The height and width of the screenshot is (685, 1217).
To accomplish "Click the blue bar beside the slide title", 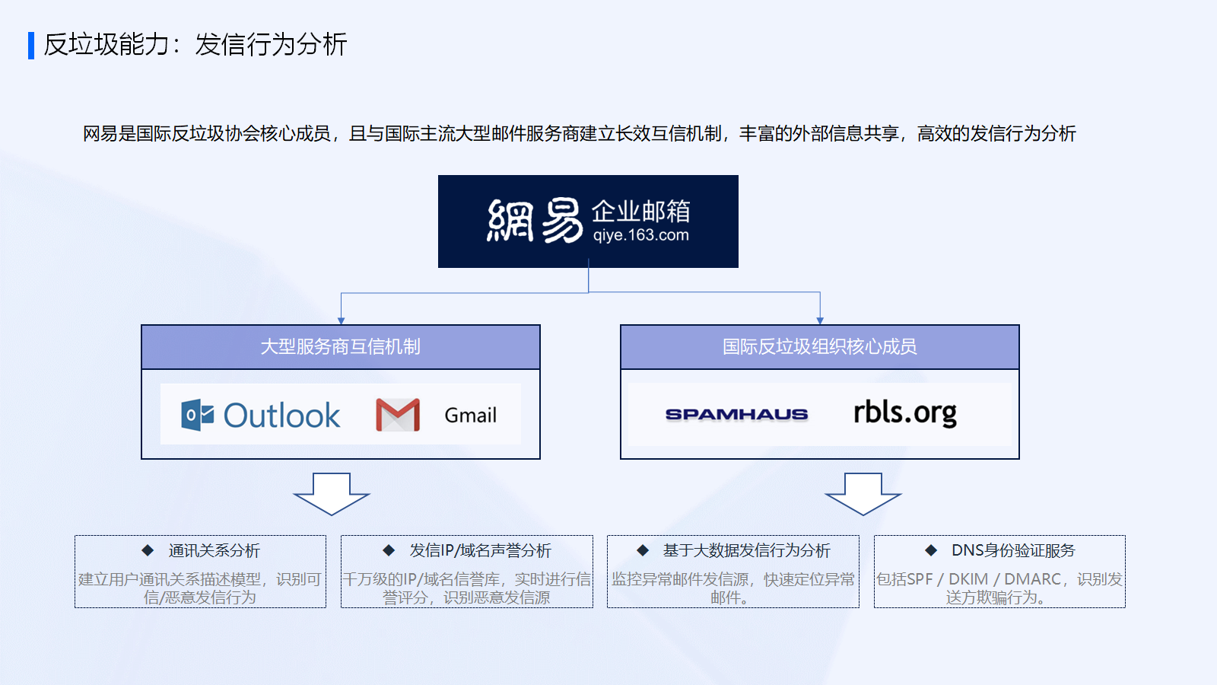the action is coord(31,46).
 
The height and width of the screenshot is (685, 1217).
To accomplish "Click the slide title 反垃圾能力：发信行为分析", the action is coord(195,45).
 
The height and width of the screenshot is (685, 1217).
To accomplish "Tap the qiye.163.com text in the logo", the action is coord(640,235).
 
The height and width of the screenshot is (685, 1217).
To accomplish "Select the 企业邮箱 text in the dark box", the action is coord(640,212).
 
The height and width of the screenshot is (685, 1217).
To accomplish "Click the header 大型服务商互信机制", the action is coord(341,347).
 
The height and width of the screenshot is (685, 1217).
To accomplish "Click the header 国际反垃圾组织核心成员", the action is coord(819,347).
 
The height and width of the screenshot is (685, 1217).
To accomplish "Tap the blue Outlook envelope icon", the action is coord(197,415).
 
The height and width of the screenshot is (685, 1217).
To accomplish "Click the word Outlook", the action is coord(281,416).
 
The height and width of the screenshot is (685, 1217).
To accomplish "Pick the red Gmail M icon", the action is coord(398,415).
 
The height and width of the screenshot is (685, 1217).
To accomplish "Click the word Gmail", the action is coord(471,416).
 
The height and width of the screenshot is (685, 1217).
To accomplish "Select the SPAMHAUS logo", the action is coord(737,415).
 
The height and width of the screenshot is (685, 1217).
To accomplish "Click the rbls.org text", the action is coord(905,413).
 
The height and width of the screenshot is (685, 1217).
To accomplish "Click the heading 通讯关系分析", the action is coord(214,551).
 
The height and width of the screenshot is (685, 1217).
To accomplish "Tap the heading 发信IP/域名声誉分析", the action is coord(480,551).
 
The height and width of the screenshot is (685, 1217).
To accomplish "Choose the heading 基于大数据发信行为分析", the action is coord(746,551).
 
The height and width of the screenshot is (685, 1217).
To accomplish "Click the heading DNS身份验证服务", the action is coord(1013,551).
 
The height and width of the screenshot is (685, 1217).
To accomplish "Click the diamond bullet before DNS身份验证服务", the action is coord(931,551).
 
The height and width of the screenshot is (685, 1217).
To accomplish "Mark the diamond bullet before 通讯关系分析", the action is coord(148,551).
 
